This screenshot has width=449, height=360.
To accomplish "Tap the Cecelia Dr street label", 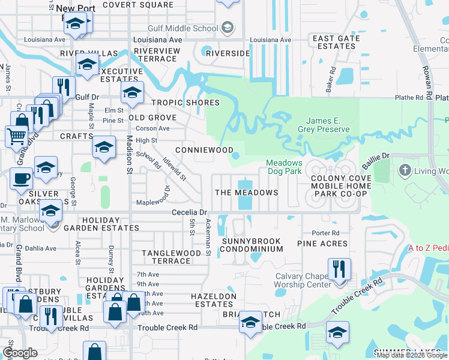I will [x=189, y=212].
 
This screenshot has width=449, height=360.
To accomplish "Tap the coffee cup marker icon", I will [x=22, y=178].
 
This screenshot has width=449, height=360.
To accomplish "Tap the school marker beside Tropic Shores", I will [x=132, y=92].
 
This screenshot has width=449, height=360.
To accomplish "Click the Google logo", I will [x=20, y=353].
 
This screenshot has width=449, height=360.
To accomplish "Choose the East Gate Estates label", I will [x=336, y=42].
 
